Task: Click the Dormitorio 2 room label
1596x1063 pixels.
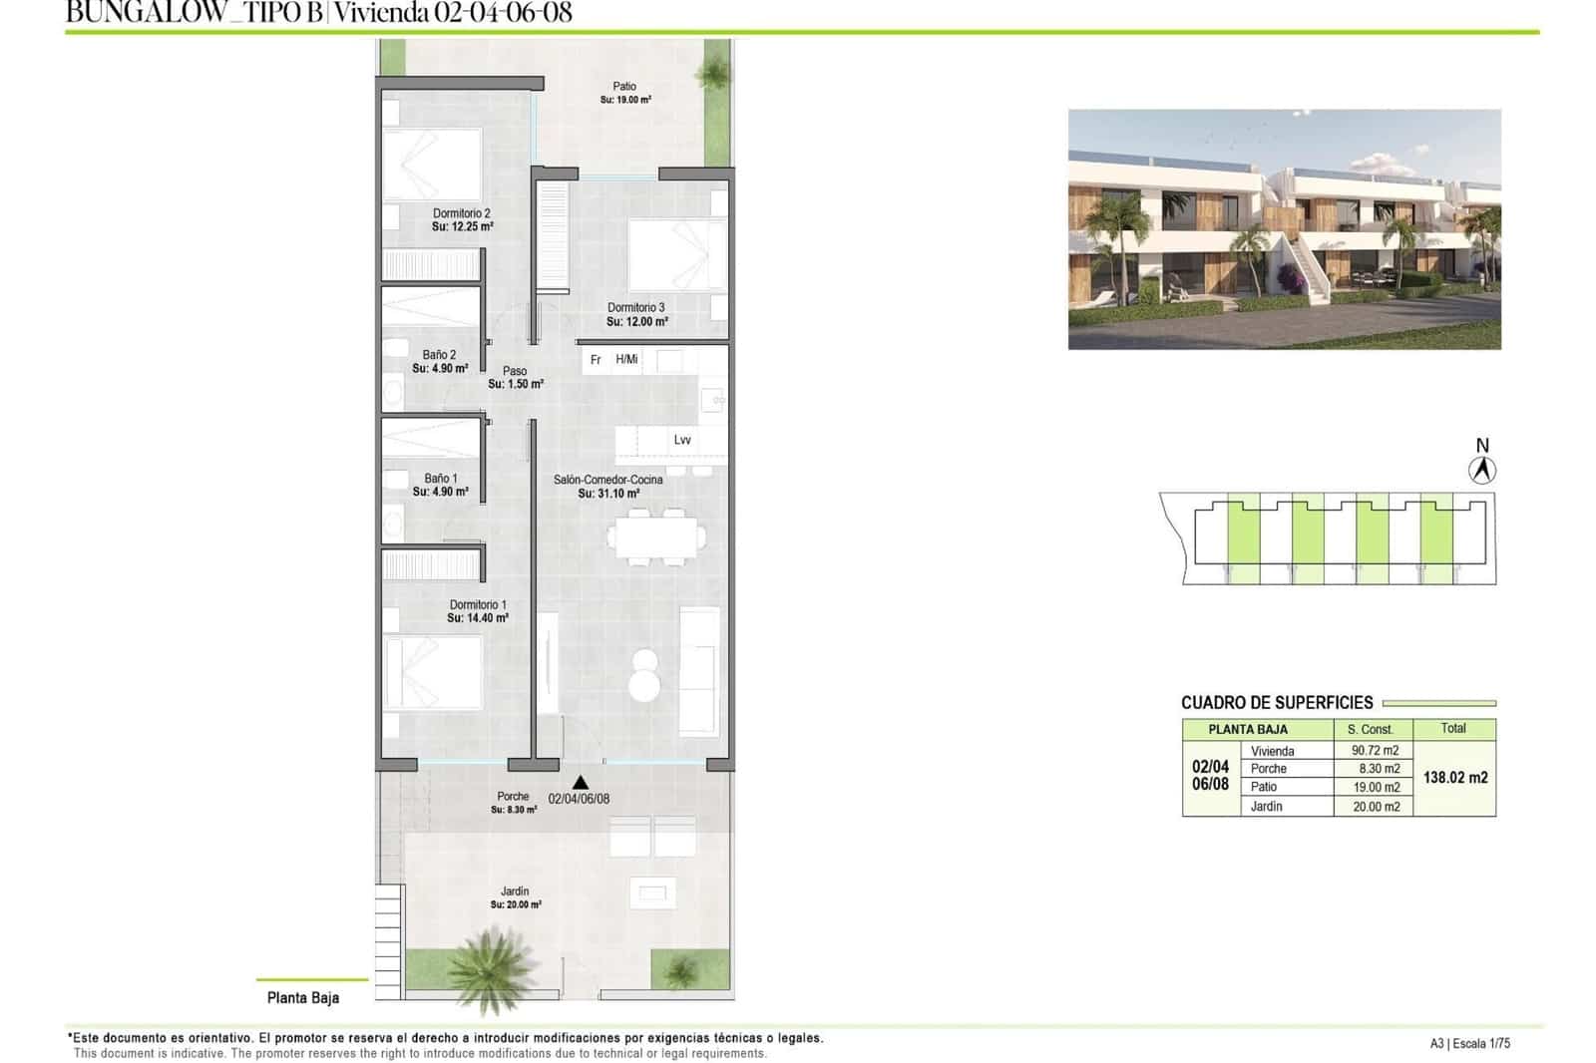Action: (x=462, y=213)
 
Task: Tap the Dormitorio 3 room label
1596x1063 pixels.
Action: (x=636, y=308)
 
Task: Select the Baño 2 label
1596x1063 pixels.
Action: (x=439, y=355)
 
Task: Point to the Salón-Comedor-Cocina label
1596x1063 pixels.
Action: (x=608, y=480)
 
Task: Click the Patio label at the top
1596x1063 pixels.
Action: (x=624, y=87)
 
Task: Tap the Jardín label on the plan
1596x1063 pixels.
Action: (x=515, y=891)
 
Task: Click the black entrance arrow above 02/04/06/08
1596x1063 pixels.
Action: (x=581, y=783)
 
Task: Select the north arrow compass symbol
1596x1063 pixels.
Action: (x=1482, y=469)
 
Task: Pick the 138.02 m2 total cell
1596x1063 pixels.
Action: (x=1454, y=778)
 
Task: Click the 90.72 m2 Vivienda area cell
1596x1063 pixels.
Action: (x=1375, y=751)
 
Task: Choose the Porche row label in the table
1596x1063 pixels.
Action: (x=1269, y=769)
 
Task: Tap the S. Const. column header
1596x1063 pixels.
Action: (x=1370, y=730)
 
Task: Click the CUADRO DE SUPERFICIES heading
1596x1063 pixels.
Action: (x=1277, y=703)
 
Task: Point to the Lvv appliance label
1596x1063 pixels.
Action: (x=682, y=440)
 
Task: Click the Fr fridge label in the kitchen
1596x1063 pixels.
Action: (x=596, y=360)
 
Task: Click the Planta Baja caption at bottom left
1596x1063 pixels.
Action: (x=303, y=997)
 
